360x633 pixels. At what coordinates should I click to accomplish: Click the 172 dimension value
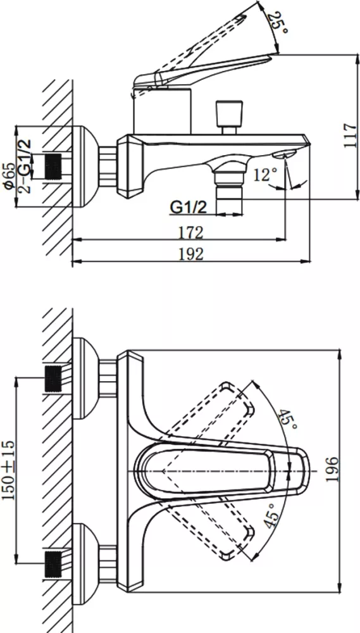(x=190, y=232)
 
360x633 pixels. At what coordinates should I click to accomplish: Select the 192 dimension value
(x=190, y=254)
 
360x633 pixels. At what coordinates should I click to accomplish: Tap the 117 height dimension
(x=351, y=135)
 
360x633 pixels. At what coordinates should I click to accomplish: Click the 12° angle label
(x=266, y=175)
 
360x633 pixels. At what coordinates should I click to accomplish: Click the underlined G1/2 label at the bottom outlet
(x=189, y=207)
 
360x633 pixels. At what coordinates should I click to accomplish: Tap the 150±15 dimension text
(x=9, y=470)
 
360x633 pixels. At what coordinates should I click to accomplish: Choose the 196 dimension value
(x=332, y=469)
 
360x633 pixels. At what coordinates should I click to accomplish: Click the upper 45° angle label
(x=288, y=420)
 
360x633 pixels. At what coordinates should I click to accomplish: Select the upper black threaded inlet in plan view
(x=53, y=378)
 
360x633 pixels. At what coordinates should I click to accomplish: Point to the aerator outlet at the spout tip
(x=285, y=154)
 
